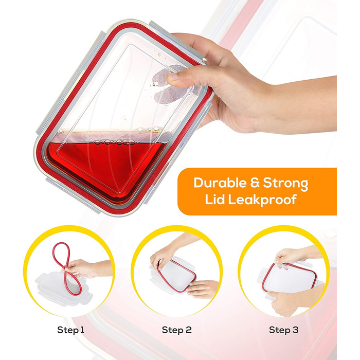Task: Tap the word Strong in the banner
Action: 285,184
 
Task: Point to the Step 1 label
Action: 71,330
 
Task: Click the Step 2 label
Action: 176,330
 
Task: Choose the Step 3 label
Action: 283,330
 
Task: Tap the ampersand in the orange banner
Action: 255,183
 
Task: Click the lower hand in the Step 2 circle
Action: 202,289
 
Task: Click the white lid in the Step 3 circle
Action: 290,279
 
